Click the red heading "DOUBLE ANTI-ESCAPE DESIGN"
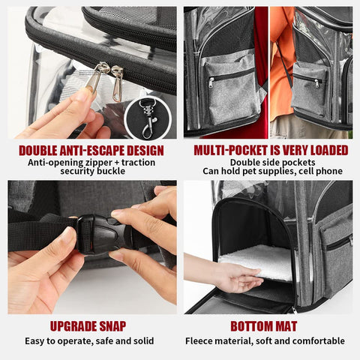[90, 150]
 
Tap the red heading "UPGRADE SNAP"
[88, 326]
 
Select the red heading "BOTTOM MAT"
[263, 326]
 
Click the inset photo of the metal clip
[149, 116]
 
